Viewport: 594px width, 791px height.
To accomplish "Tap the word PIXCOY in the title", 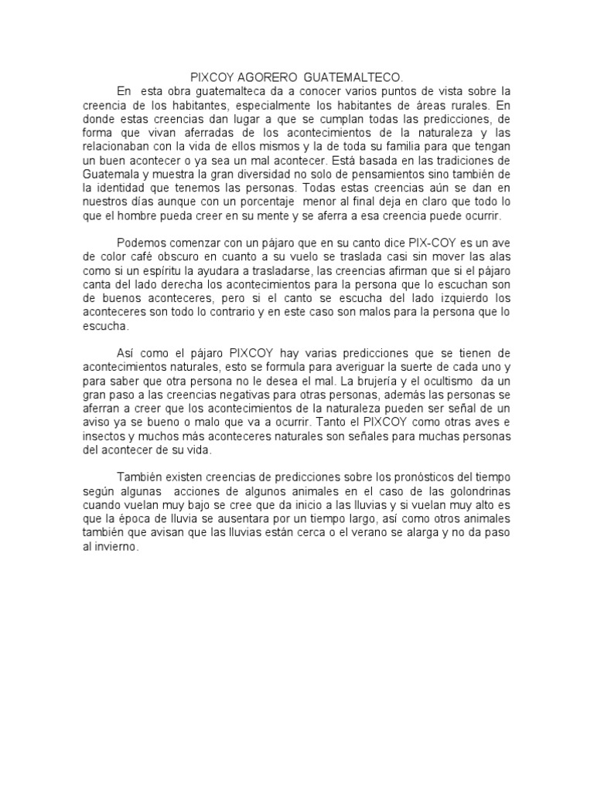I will tap(211, 78).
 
